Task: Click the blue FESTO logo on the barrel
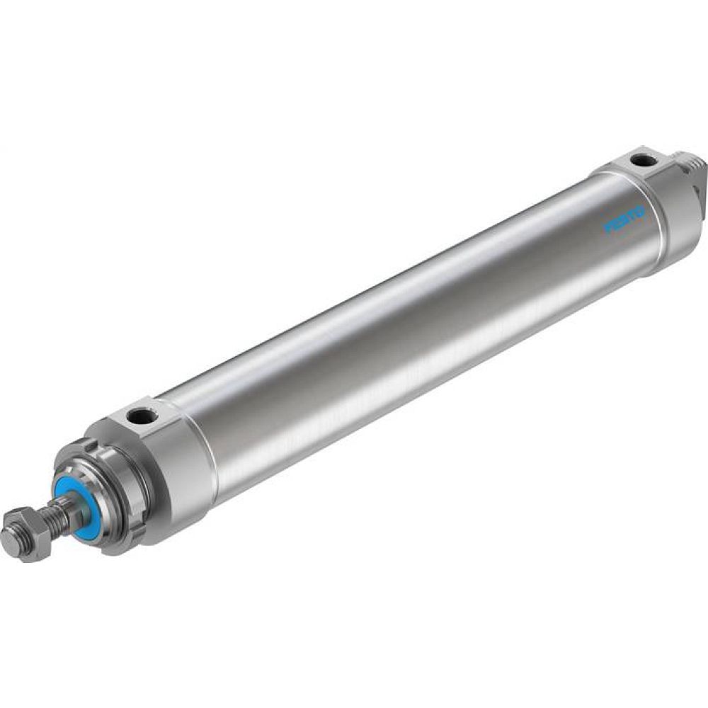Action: (x=624, y=219)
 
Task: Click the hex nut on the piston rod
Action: (x=26, y=532)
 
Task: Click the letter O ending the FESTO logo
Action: (x=639, y=211)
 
